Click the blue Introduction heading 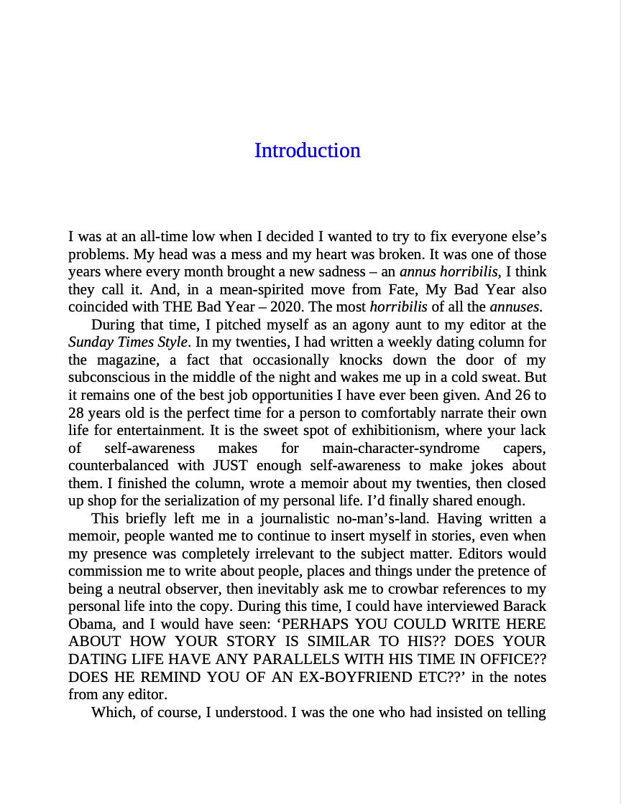307,151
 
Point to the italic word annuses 515,307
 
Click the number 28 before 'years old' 77,413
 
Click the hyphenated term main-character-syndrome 400,448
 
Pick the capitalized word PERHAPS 317,625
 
